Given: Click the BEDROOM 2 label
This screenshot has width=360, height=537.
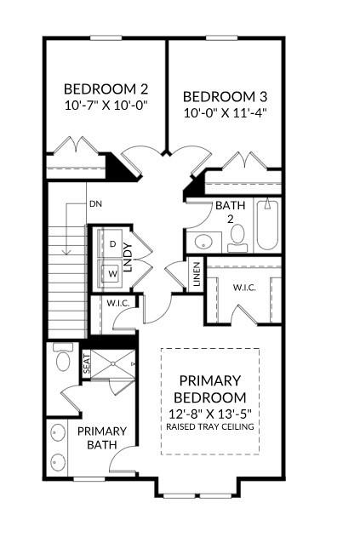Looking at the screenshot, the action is coord(106,89).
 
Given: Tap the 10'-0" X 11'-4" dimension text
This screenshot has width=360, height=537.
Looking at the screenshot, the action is coord(225,112).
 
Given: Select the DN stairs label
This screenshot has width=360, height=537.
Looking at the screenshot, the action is coord(95,204).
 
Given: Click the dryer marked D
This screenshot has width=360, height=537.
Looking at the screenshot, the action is coord(112,244).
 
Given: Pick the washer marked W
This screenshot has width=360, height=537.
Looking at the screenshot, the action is coord(112,273).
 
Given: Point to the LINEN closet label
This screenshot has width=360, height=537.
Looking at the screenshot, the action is coord(197,274).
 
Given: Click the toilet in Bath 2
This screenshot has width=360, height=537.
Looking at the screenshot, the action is coord(237,238).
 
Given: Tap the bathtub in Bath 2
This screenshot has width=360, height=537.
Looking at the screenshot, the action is coord(267,225).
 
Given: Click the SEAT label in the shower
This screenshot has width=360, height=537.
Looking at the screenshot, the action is coord(87,363).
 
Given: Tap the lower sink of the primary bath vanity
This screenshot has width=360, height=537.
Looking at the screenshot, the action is coord(58,462).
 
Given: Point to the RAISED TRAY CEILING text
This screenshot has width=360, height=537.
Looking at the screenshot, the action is coord(210,426).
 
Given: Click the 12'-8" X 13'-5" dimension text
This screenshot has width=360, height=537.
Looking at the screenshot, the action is coord(210,414).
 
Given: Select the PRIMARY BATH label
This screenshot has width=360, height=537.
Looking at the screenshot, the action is coord(102,437).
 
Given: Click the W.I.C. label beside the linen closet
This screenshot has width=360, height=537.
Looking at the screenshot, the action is coord(244,288).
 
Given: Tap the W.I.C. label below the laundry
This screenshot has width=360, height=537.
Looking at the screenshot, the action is coord(117,303).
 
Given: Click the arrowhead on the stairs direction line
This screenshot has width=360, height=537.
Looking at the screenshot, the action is coord(66,252).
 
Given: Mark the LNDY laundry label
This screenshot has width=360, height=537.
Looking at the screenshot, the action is coord(128,257).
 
